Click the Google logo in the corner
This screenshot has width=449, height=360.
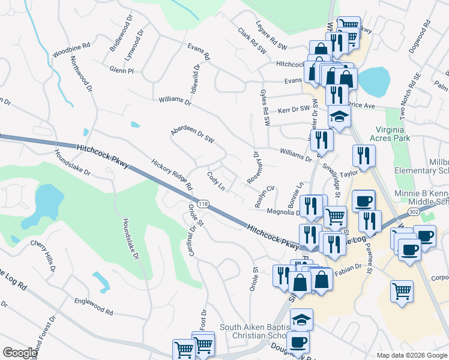point(19,353)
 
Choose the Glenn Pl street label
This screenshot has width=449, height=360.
point(122,70)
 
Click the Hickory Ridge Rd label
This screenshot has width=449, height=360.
point(172,174)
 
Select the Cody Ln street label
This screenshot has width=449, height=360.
point(216,181)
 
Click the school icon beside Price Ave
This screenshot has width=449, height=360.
point(339,118)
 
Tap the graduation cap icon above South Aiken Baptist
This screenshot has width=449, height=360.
point(301,320)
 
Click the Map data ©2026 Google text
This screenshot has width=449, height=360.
point(411,355)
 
